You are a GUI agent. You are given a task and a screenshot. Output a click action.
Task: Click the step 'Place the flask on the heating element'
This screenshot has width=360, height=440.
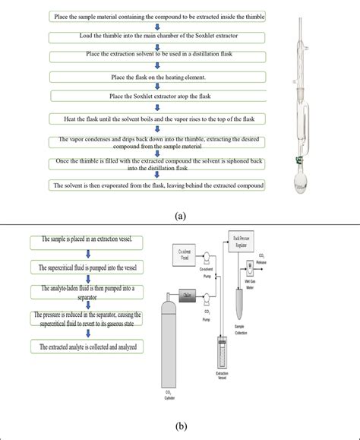coord(158,76)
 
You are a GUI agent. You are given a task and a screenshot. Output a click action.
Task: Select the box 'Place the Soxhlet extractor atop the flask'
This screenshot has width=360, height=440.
coord(158,97)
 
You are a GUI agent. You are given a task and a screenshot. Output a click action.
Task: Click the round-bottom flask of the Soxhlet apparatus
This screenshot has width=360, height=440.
coord(302,184)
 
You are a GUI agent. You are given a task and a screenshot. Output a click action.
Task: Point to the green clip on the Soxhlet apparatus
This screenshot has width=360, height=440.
coord(299,160)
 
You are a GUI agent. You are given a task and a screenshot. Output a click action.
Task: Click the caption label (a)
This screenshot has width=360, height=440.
coord(180,216)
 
